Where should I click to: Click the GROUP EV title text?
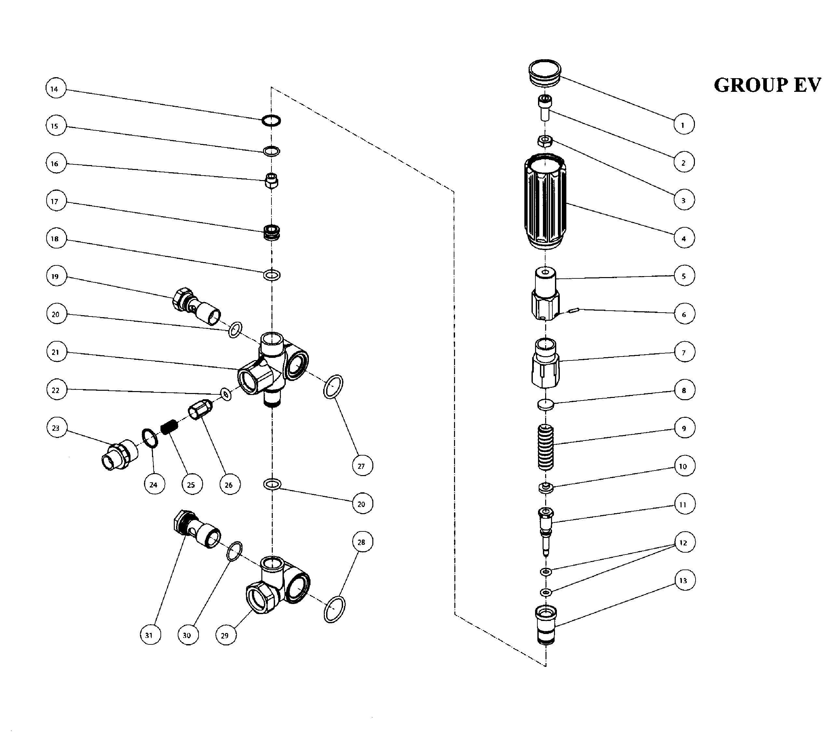[x=767, y=85]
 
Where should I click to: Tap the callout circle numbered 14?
[x=55, y=89]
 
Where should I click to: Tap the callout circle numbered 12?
[x=684, y=543]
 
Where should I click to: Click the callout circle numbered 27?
[x=362, y=466]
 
